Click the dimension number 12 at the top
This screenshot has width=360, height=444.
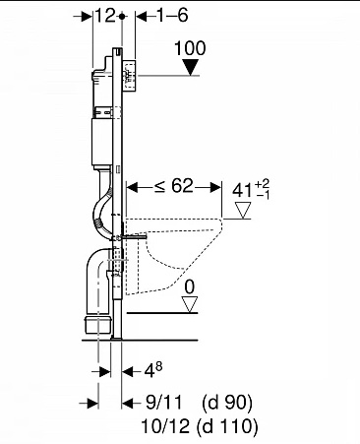click(105, 16)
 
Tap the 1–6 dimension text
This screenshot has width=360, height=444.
click(172, 16)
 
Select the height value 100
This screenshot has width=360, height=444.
click(190, 48)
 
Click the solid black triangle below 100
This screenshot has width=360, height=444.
click(191, 67)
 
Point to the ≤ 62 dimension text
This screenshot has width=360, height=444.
click(174, 186)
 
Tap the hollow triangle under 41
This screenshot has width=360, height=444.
click(243, 210)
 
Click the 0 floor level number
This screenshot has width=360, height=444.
click(190, 287)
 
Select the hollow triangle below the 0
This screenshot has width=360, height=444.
click(190, 304)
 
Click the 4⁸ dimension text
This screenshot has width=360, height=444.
click(153, 371)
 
